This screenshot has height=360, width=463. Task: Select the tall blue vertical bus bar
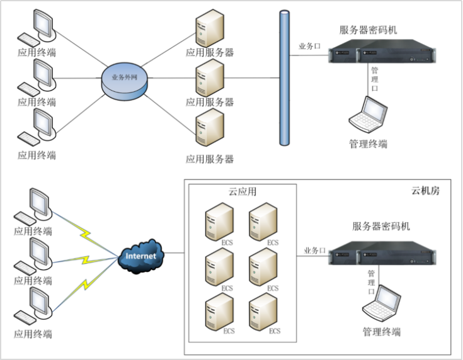283,79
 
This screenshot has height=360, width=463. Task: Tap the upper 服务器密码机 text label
369,30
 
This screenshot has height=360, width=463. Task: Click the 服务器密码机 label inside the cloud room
381,226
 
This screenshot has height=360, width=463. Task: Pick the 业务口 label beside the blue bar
309,47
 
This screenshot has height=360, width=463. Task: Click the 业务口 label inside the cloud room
314,250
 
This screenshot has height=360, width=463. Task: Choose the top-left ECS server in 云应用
218,221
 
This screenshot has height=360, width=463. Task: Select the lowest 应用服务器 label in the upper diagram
210,159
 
